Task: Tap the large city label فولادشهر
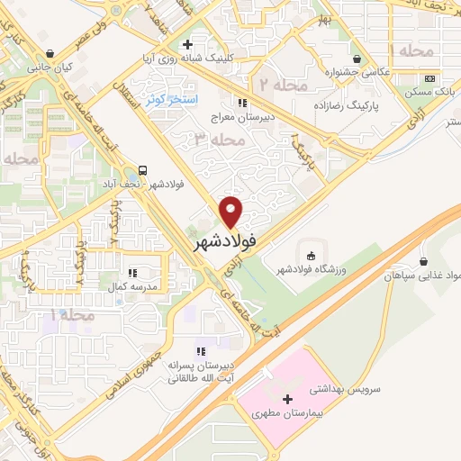[x=225, y=241]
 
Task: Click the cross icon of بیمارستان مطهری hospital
[x=287, y=398]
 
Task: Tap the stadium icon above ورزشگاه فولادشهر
[x=312, y=253]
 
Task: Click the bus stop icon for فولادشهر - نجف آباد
[x=144, y=171]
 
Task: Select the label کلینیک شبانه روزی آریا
[x=189, y=59]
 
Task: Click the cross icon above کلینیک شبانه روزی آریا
[x=186, y=43]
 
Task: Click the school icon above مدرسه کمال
[x=132, y=271]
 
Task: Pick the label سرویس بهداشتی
[x=343, y=390]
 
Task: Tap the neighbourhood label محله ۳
[x=218, y=141]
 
